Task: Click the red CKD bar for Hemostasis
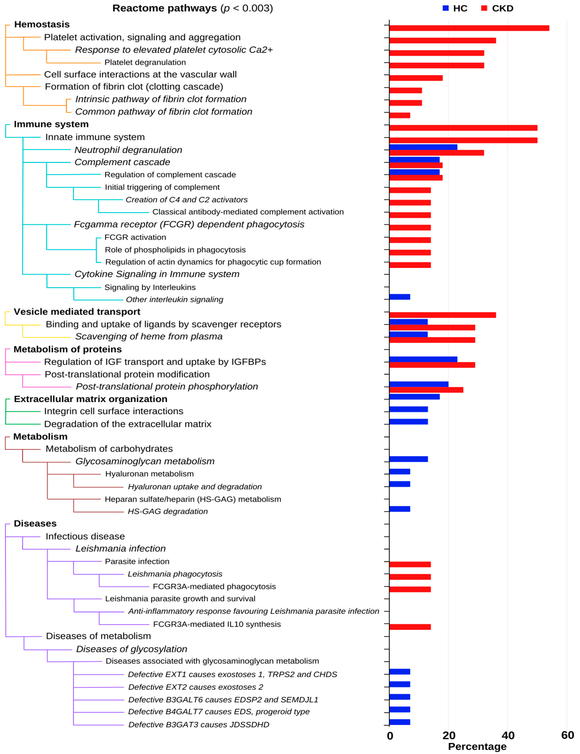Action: [469, 28]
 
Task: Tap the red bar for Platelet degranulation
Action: [436, 65]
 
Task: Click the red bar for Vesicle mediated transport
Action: [442, 315]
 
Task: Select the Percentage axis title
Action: [477, 746]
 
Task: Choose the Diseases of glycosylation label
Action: [132, 649]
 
